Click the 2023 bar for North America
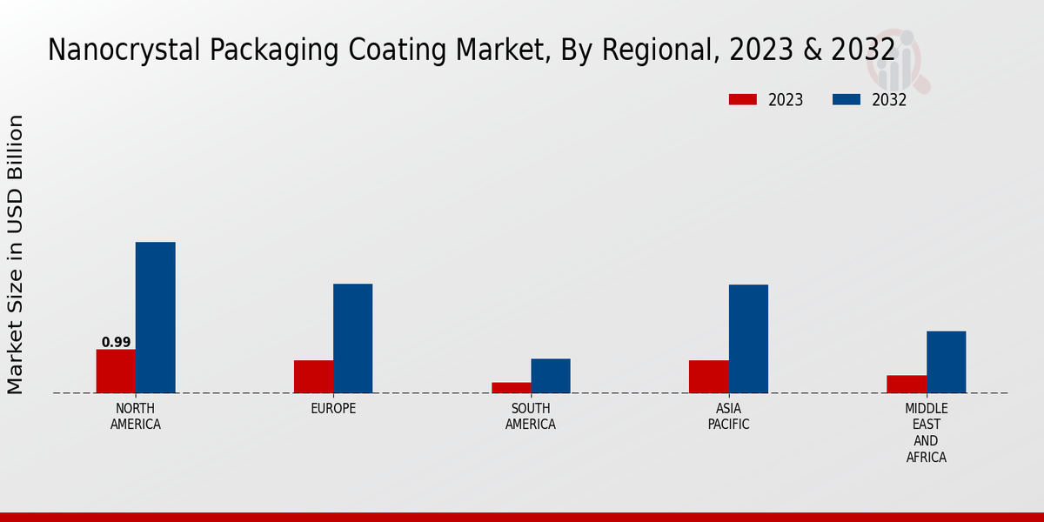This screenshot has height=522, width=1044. point(116,371)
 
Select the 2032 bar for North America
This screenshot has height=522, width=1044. point(155,318)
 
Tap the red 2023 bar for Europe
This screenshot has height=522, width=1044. point(313,377)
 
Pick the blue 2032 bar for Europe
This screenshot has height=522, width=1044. point(352,338)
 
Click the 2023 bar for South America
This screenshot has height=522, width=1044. point(511,388)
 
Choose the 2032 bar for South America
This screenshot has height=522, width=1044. point(551,376)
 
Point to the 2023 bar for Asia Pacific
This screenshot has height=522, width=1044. point(708,377)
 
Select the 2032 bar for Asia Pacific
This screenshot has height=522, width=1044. point(748,338)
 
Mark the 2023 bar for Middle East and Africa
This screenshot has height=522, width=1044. point(907,384)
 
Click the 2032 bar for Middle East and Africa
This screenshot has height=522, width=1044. point(946,362)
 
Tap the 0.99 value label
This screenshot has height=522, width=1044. point(116,343)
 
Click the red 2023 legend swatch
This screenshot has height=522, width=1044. point(742,100)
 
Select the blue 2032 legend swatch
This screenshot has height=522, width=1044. point(846,100)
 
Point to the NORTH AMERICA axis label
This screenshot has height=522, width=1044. point(135,417)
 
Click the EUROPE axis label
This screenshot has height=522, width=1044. point(333,409)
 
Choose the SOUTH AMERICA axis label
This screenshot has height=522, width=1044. point(531,417)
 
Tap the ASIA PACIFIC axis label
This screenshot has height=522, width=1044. point(728,417)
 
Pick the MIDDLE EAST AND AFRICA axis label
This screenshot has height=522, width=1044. point(926,433)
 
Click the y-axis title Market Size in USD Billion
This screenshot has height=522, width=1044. point(16,254)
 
